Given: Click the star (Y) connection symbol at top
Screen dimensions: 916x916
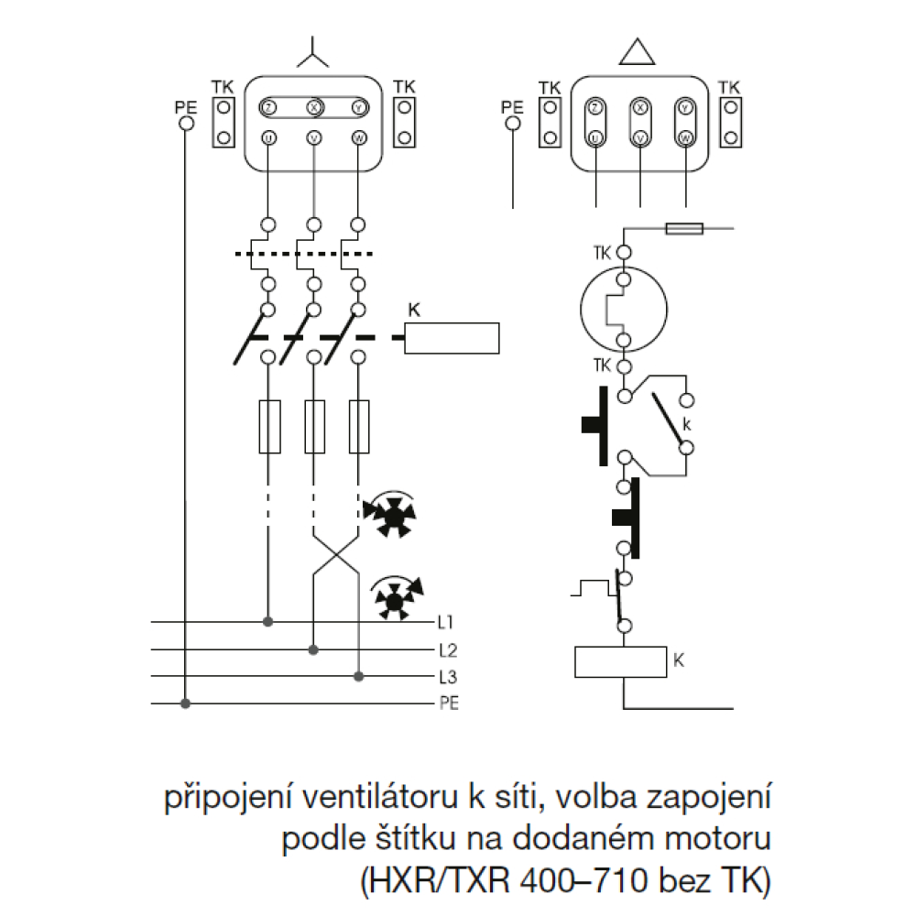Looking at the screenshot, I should (x=314, y=56).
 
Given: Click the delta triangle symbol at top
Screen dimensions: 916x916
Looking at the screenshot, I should (x=639, y=53).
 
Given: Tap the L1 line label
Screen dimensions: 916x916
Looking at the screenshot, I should (x=446, y=623).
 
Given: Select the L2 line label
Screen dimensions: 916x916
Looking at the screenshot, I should (x=447, y=650).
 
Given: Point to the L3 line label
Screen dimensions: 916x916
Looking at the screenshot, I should (x=447, y=678).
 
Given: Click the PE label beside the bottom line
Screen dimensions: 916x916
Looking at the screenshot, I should (x=448, y=703).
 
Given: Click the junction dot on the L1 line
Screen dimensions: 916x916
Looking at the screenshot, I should (x=268, y=622).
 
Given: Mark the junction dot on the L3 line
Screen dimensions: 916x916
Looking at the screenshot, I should (x=359, y=677).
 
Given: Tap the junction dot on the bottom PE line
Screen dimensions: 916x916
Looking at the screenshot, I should (x=186, y=703).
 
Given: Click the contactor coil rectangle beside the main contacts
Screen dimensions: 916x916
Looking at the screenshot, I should (x=452, y=338).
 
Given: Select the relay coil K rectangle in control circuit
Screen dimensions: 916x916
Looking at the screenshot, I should (x=619, y=660).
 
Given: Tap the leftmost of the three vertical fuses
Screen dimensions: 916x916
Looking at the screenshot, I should (x=269, y=426).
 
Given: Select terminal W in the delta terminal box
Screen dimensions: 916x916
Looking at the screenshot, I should (x=685, y=138).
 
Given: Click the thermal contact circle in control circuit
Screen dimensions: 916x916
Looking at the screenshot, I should (x=624, y=310).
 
